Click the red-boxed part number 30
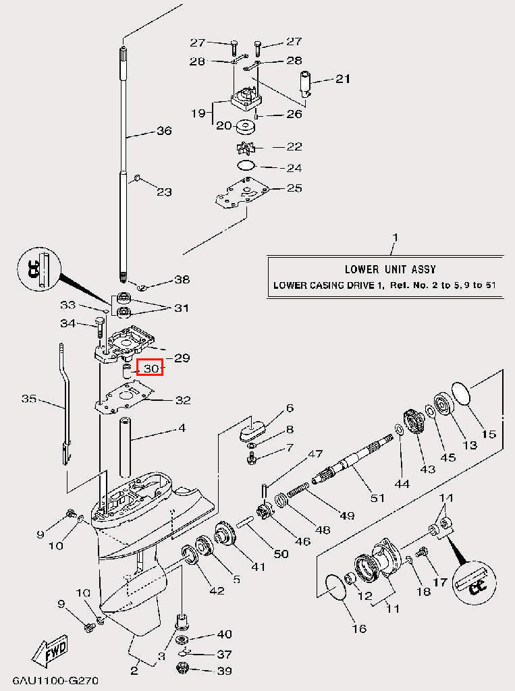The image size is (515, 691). pos(150,369)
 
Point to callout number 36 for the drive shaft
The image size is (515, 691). pos(164,131)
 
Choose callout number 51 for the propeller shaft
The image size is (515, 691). pos(377,498)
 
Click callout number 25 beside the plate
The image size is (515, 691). pos(294,188)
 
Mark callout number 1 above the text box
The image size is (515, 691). pos(396,238)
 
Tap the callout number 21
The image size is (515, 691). pos(343,79)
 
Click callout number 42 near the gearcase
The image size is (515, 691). pos(216,590)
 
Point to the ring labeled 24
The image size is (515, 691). pos(246,165)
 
